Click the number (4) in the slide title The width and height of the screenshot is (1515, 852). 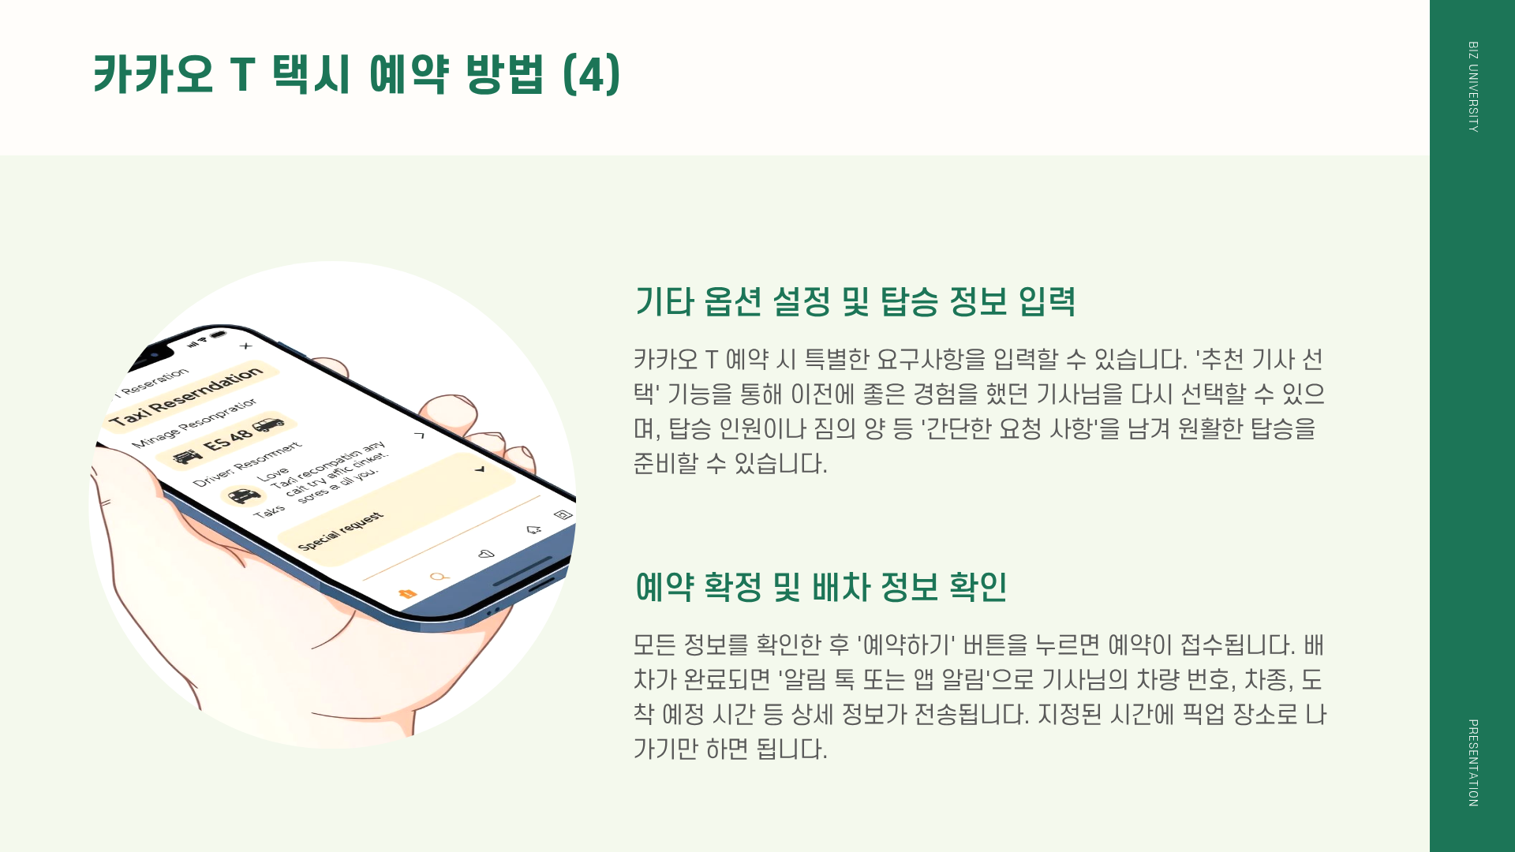click(592, 75)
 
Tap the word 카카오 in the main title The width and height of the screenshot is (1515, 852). click(153, 75)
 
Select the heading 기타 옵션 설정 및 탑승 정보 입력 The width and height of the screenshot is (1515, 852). click(855, 301)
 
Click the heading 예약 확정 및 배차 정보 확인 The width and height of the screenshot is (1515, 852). click(821, 587)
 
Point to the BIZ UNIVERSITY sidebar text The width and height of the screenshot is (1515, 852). click(1472, 87)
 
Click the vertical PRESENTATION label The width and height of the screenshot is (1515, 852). click(1472, 762)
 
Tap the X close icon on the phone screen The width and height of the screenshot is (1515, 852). click(246, 346)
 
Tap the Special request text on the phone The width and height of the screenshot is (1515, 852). click(341, 531)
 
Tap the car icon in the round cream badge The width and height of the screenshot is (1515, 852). click(243, 495)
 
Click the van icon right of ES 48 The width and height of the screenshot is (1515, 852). click(269, 424)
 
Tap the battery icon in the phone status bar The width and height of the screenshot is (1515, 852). click(219, 334)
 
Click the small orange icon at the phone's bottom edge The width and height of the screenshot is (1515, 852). click(407, 593)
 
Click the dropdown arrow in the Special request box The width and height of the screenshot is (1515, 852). click(480, 469)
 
